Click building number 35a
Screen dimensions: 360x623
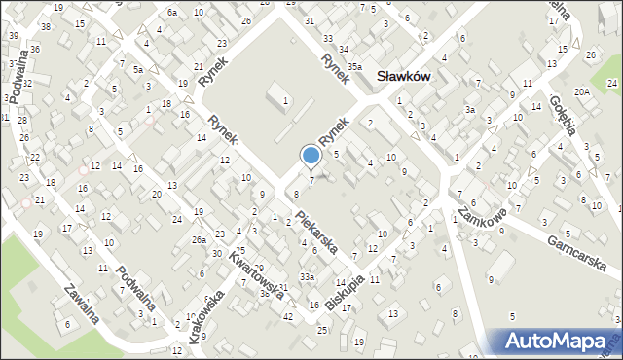click(355, 66)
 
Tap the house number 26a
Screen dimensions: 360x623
click(199, 239)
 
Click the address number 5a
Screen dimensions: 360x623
click(138, 70)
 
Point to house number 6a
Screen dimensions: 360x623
click(172, 13)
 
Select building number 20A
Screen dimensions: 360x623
click(582, 90)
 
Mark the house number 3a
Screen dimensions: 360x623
click(469, 110)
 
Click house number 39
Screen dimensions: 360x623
click(14, 35)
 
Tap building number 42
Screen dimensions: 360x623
click(287, 317)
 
